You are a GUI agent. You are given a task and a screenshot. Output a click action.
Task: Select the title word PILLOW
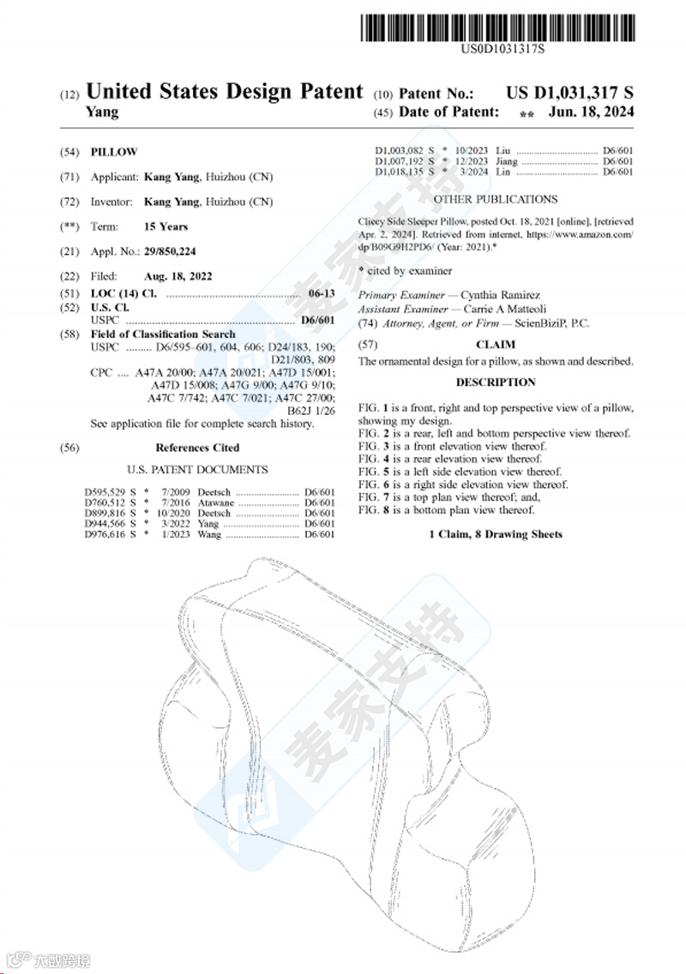tap(114, 152)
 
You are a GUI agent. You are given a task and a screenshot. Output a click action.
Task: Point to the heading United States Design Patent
tap(225, 92)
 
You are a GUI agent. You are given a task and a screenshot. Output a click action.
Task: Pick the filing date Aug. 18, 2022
tap(178, 276)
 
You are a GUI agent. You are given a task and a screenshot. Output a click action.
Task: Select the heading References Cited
tap(197, 448)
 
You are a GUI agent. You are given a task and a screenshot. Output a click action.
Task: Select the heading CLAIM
tap(495, 345)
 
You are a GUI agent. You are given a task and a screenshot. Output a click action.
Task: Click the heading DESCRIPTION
tap(495, 382)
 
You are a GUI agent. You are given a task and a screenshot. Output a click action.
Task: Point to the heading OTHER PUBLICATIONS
tap(495, 200)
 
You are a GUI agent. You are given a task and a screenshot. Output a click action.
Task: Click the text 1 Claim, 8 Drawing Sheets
tap(495, 534)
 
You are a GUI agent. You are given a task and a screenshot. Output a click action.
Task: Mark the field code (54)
tap(69, 152)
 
